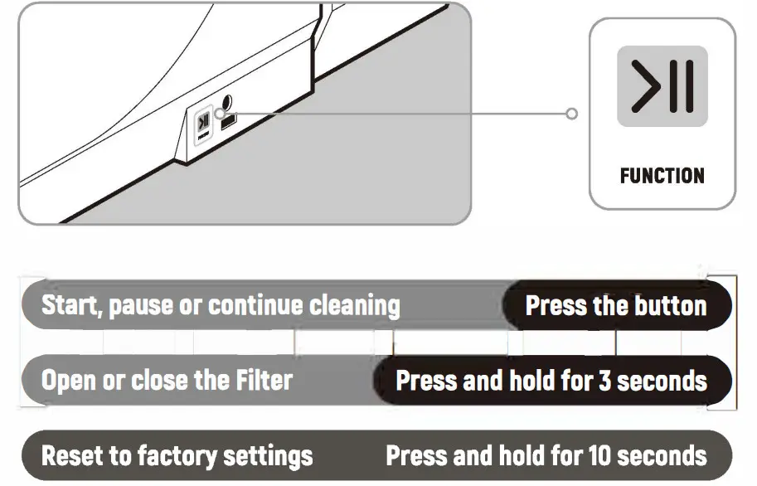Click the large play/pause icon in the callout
(x=662, y=86)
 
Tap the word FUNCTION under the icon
(x=662, y=176)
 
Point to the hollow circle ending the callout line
(x=571, y=113)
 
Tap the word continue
(x=255, y=306)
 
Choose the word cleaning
(x=354, y=306)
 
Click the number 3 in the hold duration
(x=604, y=382)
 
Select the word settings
(x=272, y=455)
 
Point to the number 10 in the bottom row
(x=599, y=455)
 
